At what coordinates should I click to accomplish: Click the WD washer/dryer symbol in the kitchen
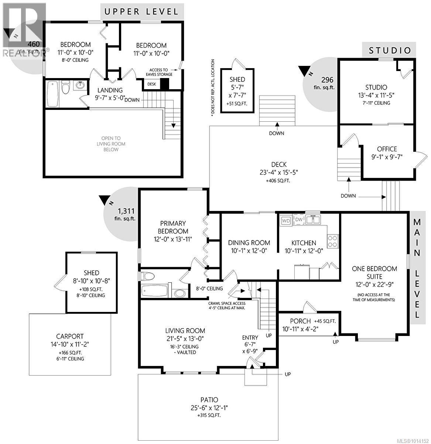286,221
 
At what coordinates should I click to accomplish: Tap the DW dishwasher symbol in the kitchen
298,220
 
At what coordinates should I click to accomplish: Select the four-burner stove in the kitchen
333,241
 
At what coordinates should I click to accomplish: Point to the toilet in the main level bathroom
148,276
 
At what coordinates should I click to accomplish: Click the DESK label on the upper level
151,84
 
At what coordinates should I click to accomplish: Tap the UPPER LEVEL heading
142,11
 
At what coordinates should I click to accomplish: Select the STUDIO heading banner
390,50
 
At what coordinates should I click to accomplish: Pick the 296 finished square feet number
327,80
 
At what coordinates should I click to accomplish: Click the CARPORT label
70,336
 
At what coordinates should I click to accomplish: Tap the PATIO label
209,400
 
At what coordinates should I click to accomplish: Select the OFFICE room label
387,149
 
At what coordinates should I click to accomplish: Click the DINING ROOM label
249,243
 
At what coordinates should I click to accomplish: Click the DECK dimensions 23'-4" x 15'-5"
278,172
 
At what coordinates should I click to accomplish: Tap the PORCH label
300,321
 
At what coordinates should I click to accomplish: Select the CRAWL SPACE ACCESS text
226,303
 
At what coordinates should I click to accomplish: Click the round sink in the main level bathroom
180,293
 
